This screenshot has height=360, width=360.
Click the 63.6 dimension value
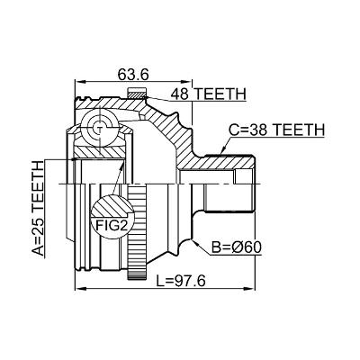[133, 75]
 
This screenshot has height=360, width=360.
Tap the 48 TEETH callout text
[208, 94]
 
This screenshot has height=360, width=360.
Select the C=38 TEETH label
[276, 130]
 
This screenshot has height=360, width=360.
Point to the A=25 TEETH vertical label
[38, 208]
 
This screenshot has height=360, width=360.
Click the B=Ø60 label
[237, 247]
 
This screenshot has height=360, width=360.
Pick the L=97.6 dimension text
[181, 281]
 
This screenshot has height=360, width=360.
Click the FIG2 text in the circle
[112, 225]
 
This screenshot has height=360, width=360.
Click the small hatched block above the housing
[137, 93]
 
